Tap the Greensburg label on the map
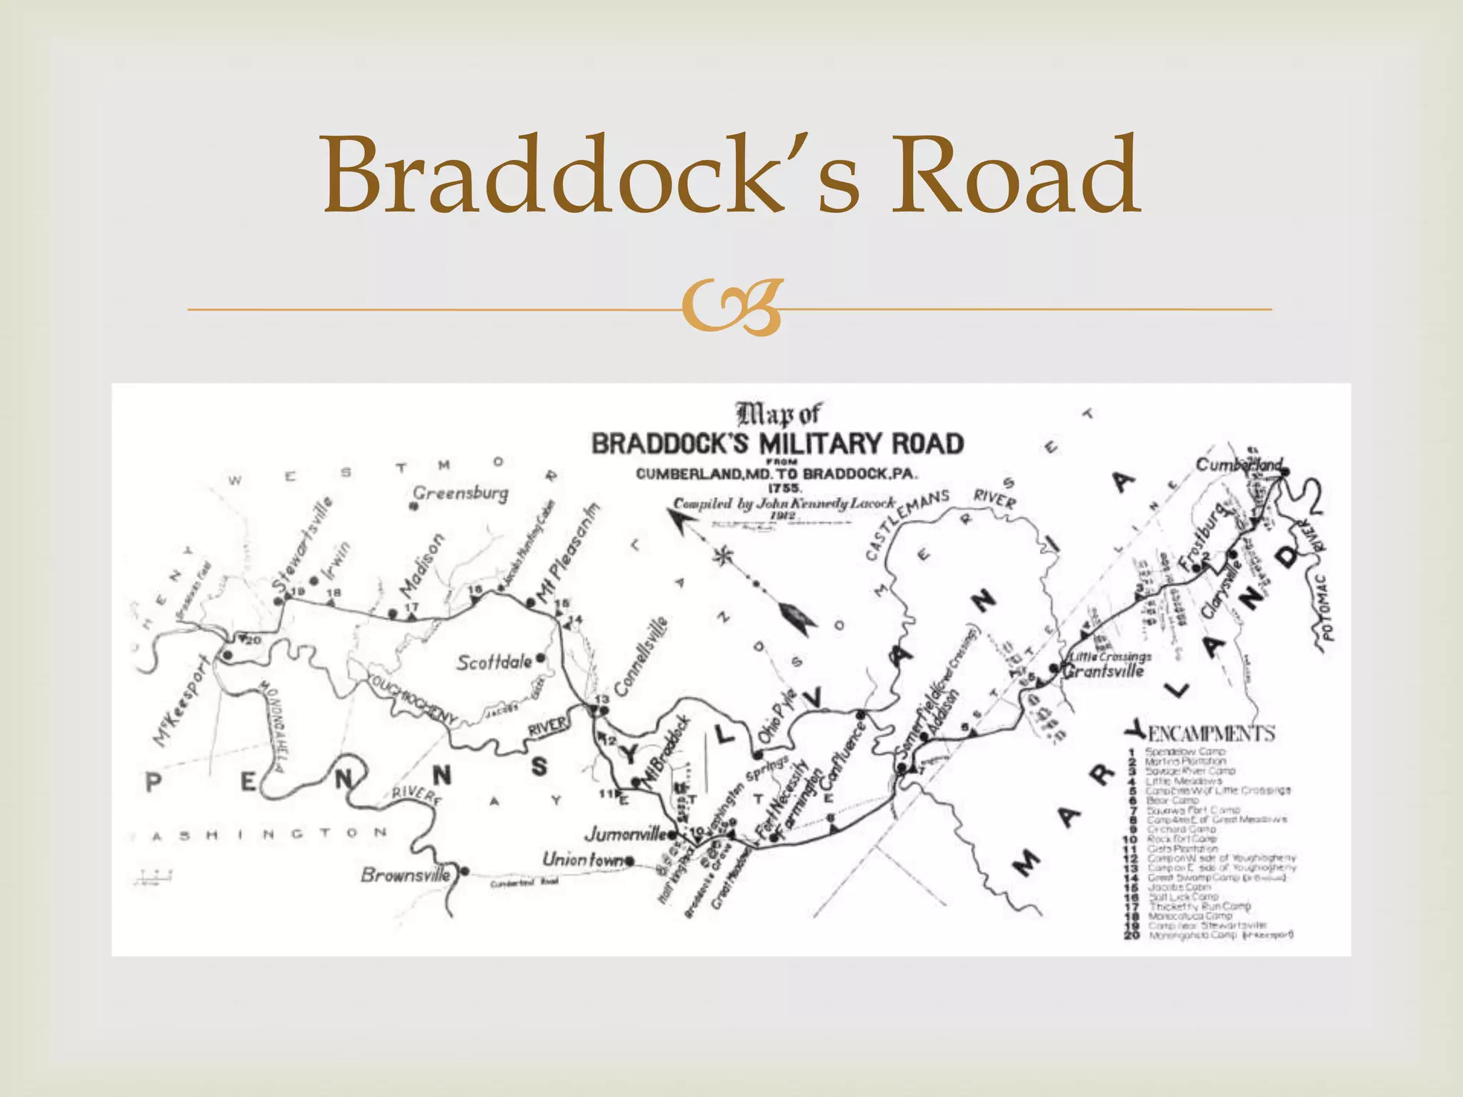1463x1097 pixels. click(461, 493)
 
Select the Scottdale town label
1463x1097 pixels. click(494, 662)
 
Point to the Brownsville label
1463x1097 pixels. click(405, 874)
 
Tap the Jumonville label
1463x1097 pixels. click(626, 833)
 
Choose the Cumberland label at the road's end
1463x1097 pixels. click(1238, 465)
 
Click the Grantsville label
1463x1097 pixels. click(1104, 671)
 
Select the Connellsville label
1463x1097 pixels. click(641, 656)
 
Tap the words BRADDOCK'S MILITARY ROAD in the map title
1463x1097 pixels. click(777, 444)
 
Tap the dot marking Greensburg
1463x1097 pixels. click(413, 506)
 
